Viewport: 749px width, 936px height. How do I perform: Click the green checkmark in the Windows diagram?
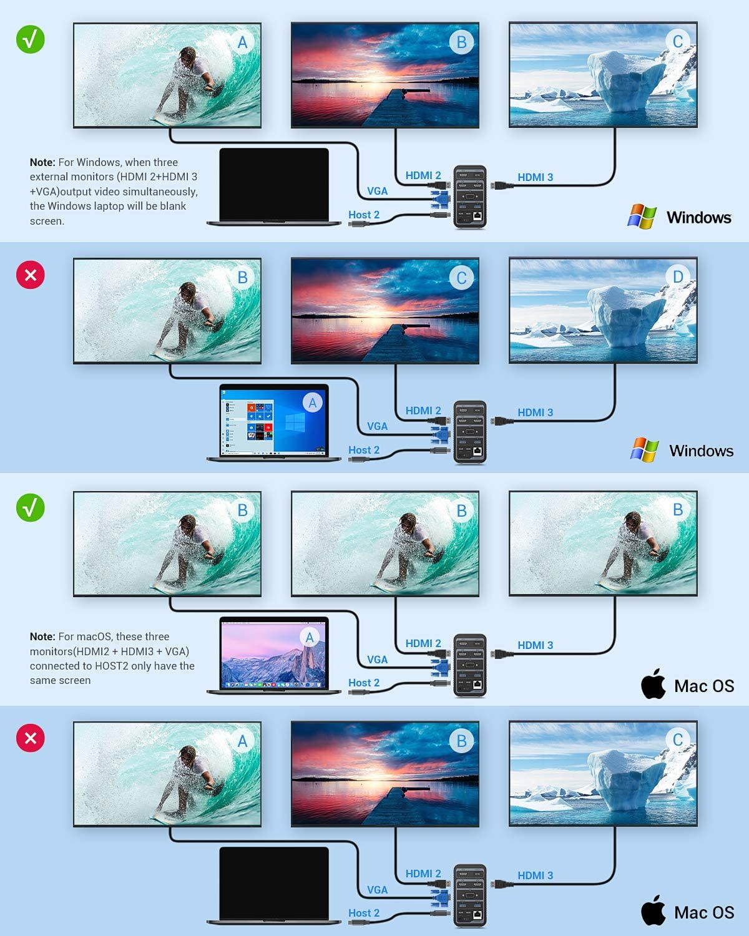[x=30, y=39]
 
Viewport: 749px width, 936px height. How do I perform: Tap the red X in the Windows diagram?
[x=30, y=275]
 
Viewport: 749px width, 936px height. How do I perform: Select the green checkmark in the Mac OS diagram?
[x=30, y=507]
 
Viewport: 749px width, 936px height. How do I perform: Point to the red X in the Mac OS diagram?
[x=30, y=738]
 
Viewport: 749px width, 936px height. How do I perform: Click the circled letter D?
[x=678, y=276]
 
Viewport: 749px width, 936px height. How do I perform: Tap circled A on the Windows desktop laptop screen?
[x=312, y=402]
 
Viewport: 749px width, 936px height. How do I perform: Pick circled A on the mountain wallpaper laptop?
[x=309, y=637]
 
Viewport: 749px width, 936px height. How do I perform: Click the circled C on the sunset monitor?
[x=461, y=278]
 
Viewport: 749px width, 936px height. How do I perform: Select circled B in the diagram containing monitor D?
[x=242, y=278]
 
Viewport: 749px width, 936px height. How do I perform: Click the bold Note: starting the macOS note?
[x=42, y=636]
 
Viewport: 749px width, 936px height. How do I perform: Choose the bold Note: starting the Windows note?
[x=42, y=162]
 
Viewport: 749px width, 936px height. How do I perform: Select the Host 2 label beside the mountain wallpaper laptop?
[x=364, y=683]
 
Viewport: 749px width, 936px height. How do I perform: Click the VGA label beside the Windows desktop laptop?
[x=377, y=426]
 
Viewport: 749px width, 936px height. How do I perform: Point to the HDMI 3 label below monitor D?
[x=535, y=412]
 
